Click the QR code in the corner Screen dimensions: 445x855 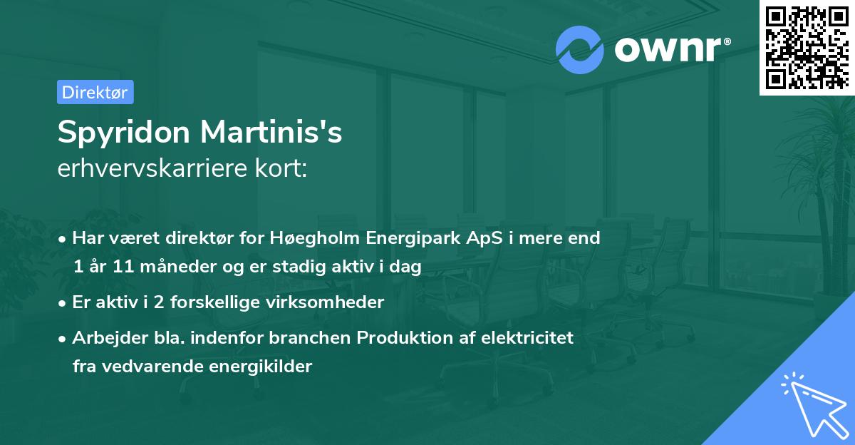click(x=807, y=47)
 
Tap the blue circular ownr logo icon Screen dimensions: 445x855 click(x=580, y=49)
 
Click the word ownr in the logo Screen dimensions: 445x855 click(x=670, y=49)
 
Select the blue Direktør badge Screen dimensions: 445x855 click(x=95, y=92)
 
